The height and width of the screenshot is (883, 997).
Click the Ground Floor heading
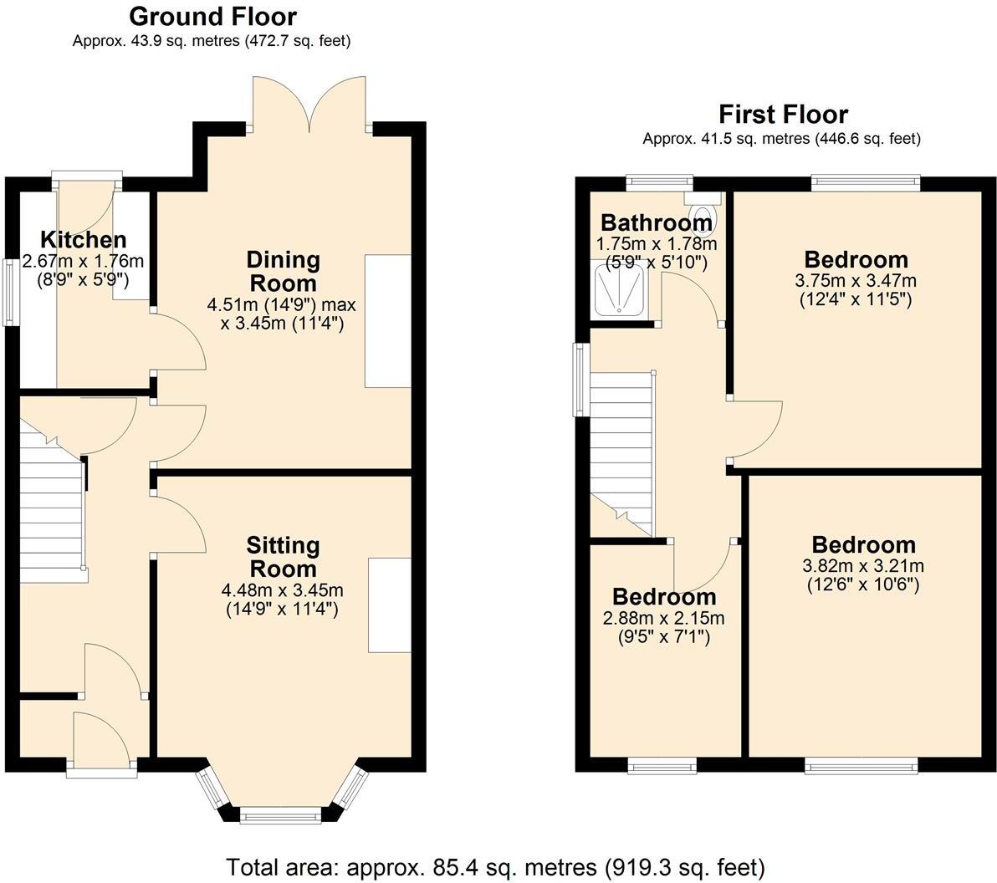212,16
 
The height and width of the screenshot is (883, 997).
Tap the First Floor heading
783,115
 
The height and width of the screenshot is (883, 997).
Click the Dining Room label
283,271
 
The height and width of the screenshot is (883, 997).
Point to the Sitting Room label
283,557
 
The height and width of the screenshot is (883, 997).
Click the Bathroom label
657,223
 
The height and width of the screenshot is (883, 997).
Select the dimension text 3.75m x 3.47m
856,280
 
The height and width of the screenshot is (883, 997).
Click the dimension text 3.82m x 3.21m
863,566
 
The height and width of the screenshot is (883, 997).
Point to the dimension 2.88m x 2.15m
664,619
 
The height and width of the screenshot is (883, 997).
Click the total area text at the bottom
495,865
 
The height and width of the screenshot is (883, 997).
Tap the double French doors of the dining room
311,105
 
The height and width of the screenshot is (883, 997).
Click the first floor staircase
621,452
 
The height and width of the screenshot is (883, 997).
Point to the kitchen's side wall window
12,292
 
